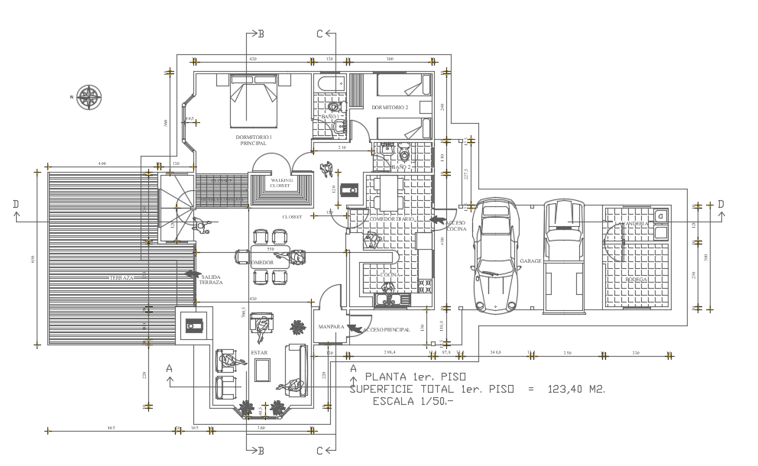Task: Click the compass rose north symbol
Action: pyautogui.click(x=90, y=97)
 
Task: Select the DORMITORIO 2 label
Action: pyautogui.click(x=390, y=108)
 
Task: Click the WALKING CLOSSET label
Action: pyautogui.click(x=281, y=183)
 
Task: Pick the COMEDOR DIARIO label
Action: pyautogui.click(x=391, y=219)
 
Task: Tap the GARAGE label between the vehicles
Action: pyautogui.click(x=531, y=261)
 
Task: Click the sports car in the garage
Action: pyautogui.click(x=495, y=257)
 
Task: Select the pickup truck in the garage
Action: pyautogui.click(x=566, y=256)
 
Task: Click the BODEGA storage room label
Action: pyautogui.click(x=636, y=280)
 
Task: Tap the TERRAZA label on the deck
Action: pyautogui.click(x=121, y=278)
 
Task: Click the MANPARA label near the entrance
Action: pyautogui.click(x=329, y=327)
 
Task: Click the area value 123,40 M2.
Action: pyautogui.click(x=576, y=390)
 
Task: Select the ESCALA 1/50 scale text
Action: pyautogui.click(x=413, y=401)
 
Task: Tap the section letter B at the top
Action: pyautogui.click(x=261, y=34)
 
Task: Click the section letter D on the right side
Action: pyautogui.click(x=720, y=205)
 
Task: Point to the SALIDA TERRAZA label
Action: pyautogui.click(x=211, y=279)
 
